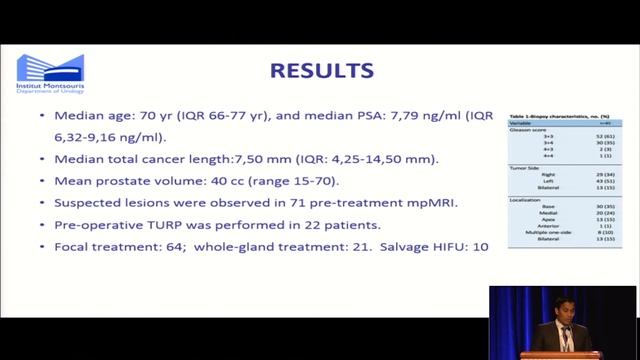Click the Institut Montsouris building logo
click(50, 68)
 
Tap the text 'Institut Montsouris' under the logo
click(50, 88)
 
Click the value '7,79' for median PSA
click(361, 118)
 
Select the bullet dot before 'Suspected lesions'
click(42, 203)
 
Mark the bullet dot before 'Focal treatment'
click(42, 245)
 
